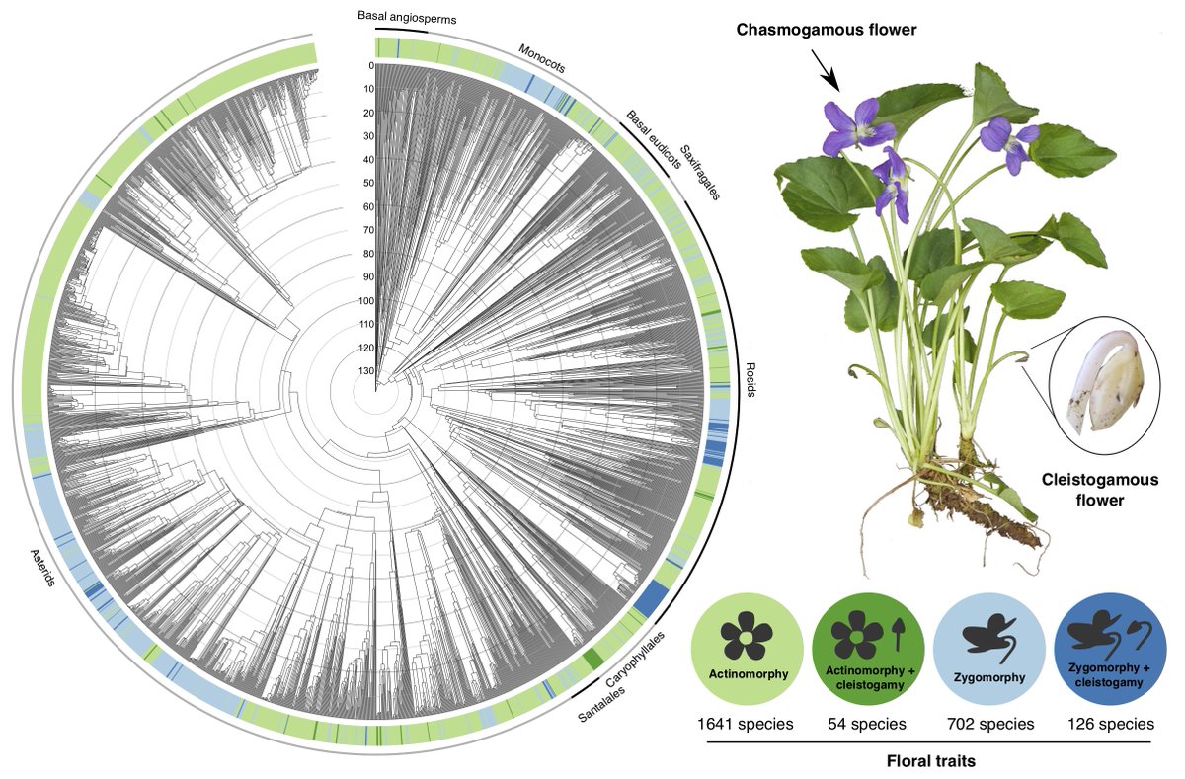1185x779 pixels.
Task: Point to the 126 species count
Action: (x=1109, y=724)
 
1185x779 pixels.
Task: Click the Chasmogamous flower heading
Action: (x=827, y=31)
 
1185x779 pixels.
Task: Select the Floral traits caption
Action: (x=930, y=760)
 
